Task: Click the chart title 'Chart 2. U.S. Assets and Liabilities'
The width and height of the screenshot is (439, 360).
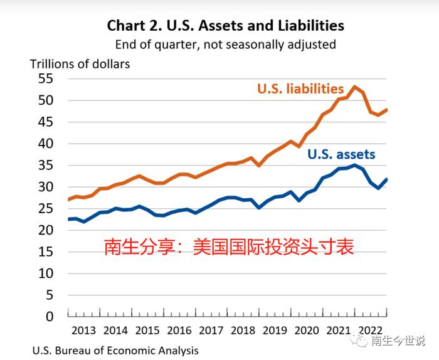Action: (225, 26)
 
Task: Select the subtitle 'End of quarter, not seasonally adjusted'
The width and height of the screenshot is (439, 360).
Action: (225, 45)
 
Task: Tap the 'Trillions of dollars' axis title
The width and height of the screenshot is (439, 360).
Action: (80, 64)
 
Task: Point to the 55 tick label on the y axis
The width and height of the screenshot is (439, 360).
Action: (46, 78)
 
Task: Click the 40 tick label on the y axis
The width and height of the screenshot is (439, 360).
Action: (46, 144)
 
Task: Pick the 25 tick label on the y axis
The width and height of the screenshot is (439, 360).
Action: (46, 209)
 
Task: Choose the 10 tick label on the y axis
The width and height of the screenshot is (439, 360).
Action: (46, 273)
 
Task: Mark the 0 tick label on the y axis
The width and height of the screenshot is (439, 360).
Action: (50, 317)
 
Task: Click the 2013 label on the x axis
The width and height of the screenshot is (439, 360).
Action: (83, 331)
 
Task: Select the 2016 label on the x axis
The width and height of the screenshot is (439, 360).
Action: (179, 331)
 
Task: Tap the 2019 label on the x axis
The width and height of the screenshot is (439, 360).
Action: (275, 331)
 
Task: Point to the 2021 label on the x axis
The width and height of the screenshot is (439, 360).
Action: (338, 331)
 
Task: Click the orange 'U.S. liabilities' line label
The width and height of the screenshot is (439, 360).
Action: (300, 89)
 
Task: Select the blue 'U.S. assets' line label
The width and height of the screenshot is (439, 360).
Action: (341, 154)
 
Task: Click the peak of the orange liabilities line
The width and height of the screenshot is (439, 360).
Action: (355, 87)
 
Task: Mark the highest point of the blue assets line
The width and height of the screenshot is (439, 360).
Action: (355, 165)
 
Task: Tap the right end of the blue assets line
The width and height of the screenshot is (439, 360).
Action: (387, 179)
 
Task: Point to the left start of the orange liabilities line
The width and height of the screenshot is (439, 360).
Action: (68, 199)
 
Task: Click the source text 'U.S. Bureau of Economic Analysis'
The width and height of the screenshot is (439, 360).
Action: (115, 351)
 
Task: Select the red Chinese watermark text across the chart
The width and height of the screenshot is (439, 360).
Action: (229, 247)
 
